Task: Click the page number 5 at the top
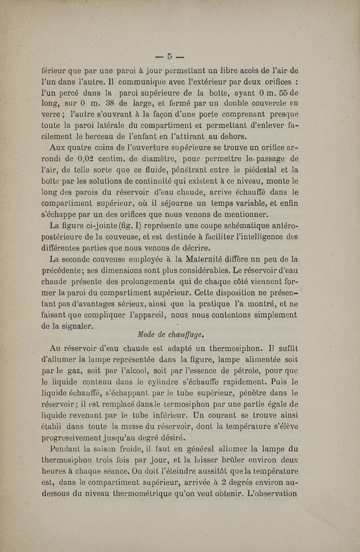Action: [170, 56]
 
